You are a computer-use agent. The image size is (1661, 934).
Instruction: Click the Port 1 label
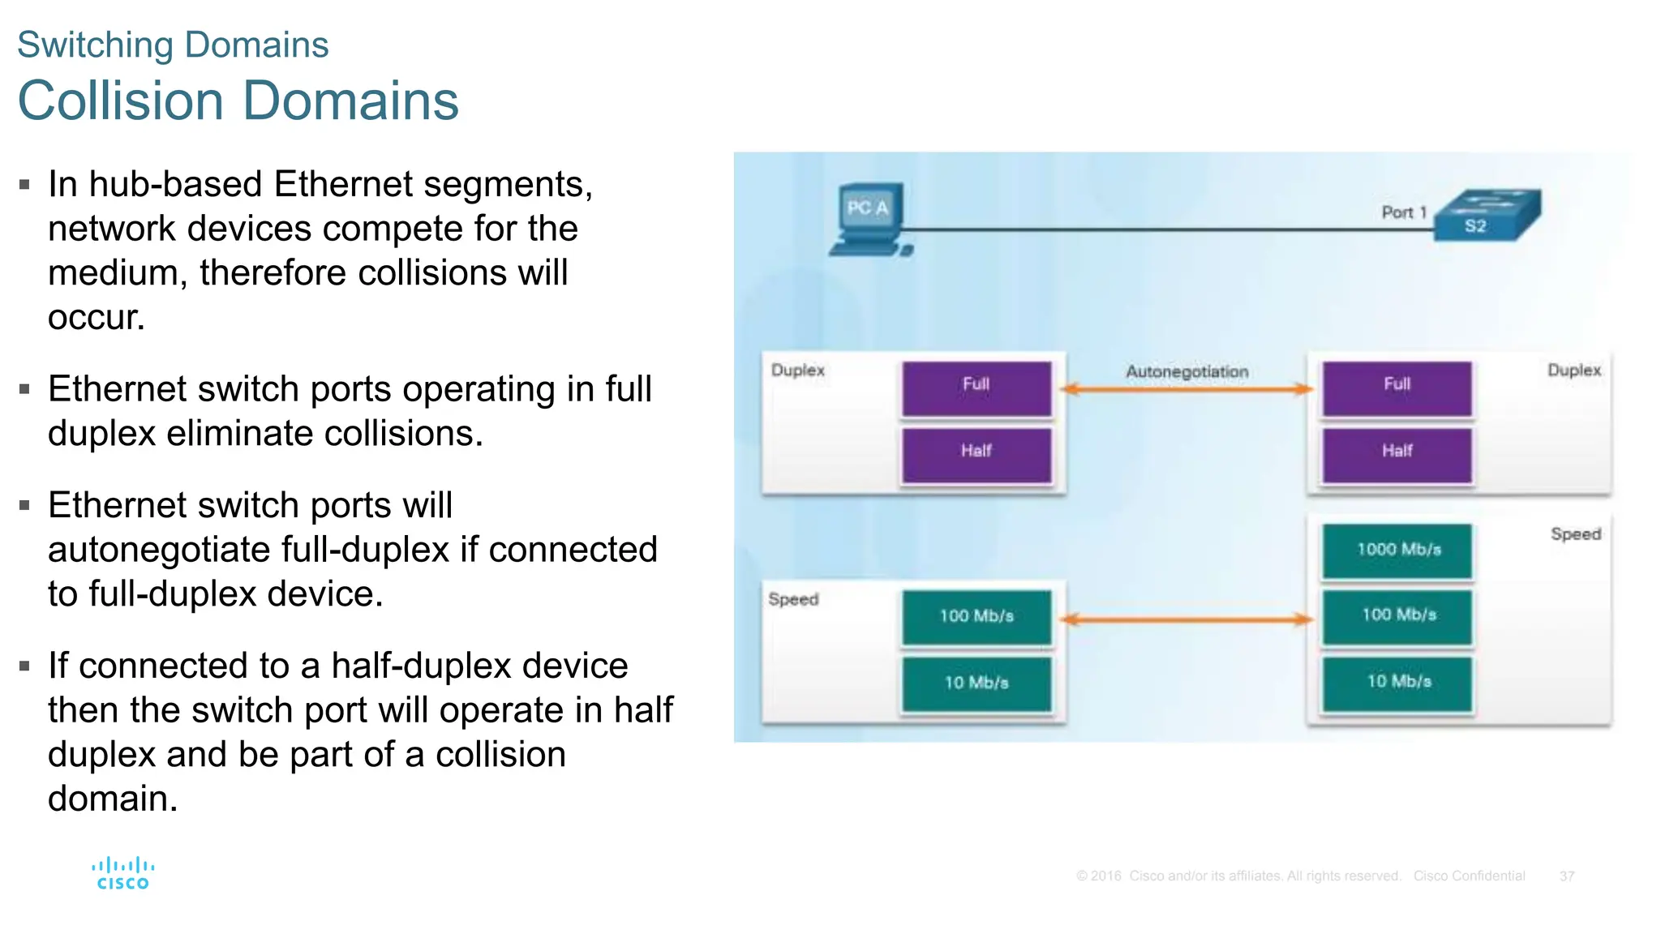click(x=1403, y=212)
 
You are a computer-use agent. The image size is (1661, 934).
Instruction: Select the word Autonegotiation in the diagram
click(x=1187, y=371)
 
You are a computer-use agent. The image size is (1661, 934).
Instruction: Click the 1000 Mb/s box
click(x=1397, y=551)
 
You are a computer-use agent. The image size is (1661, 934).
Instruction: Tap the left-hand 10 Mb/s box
click(x=976, y=683)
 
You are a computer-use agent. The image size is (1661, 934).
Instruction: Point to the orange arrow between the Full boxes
click(x=1187, y=390)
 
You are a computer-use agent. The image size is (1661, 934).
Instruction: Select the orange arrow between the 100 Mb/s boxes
click(x=1187, y=620)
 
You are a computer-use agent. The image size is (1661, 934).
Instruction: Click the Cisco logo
click(x=123, y=873)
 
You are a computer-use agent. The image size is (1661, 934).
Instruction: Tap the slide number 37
click(x=1566, y=876)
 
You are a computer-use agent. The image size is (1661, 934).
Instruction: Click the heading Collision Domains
click(x=238, y=101)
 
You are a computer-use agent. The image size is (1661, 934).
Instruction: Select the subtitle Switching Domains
click(x=173, y=45)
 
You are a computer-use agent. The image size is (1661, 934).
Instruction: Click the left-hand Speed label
click(x=793, y=599)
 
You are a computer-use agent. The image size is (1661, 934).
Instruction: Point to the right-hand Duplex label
click(x=1573, y=371)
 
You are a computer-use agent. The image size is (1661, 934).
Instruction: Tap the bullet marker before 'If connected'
click(x=25, y=666)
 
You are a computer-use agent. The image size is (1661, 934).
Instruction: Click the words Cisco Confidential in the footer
click(x=1469, y=876)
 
